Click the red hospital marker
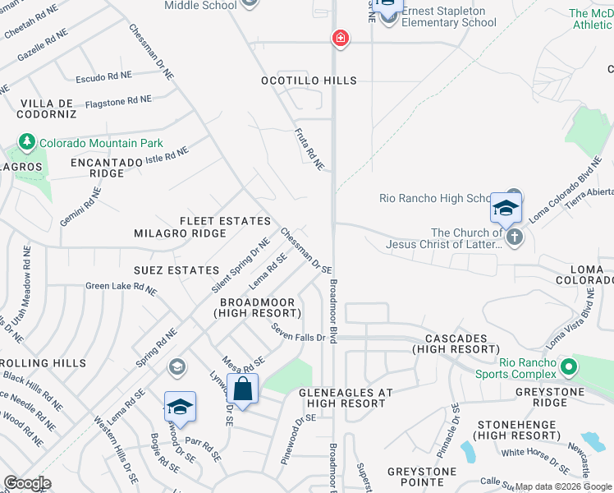[x=340, y=38]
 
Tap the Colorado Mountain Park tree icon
[x=27, y=142]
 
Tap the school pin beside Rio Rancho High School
[x=506, y=208]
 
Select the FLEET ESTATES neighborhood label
[x=226, y=221]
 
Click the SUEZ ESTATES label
[x=176, y=270]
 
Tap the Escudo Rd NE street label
[x=103, y=76]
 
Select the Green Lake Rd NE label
[x=121, y=288]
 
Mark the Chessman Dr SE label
[x=306, y=250]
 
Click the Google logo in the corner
[x=27, y=483]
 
